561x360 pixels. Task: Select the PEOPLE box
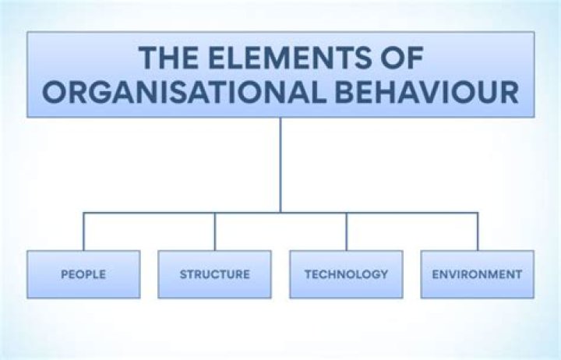tap(83, 274)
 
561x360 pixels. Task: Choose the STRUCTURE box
tap(215, 274)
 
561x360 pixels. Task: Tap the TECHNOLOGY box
tap(346, 274)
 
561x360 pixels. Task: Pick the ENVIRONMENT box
tap(478, 274)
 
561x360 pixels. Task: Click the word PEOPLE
tap(83, 274)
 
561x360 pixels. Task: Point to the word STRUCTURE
tap(215, 274)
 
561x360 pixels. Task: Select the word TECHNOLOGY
tap(346, 274)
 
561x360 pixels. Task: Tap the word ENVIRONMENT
tap(478, 274)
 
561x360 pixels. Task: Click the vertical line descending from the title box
tap(280, 164)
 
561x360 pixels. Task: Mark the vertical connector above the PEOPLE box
tap(83, 231)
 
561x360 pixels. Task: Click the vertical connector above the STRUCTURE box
tap(215, 231)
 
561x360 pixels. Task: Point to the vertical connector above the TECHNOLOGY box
tap(347, 231)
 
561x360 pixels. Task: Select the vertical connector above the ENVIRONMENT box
tap(478, 231)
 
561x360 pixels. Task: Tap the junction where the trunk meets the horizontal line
tap(280, 212)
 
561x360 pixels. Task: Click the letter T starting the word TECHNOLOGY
tap(308, 274)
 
